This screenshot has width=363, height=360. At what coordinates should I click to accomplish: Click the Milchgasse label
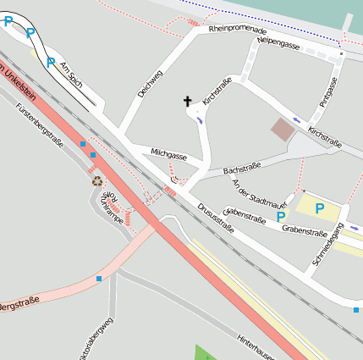click(168, 155)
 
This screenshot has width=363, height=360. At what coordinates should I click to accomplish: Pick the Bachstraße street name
click(241, 169)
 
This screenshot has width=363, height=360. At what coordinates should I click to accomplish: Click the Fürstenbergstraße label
click(40, 125)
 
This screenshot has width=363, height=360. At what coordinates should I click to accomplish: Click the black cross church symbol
click(187, 102)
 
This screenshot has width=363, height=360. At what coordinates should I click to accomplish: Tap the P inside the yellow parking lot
click(320, 208)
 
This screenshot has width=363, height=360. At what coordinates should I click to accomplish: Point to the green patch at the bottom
click(206, 352)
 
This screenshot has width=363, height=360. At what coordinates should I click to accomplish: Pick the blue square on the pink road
click(99, 278)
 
